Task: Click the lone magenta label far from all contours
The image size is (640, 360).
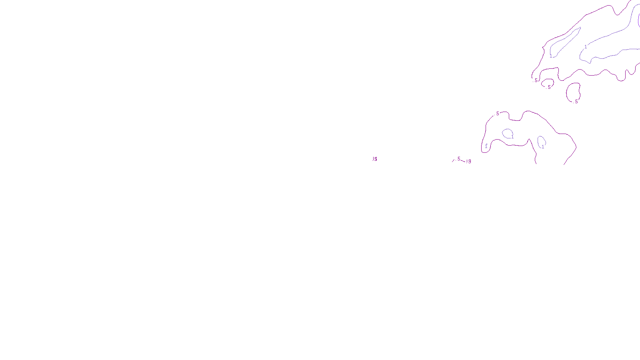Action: [x=375, y=159]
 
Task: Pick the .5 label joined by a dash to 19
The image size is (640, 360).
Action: [x=458, y=159]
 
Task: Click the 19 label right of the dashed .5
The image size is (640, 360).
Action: [x=469, y=161]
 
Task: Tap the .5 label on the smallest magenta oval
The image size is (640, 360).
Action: [x=549, y=87]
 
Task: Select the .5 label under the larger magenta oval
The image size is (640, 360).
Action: [x=576, y=102]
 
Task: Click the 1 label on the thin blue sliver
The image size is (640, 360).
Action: [x=551, y=56]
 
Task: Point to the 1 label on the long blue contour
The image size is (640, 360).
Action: [x=586, y=47]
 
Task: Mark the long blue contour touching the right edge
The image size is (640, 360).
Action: [x=612, y=36]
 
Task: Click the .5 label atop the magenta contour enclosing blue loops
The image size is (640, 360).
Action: [x=497, y=114]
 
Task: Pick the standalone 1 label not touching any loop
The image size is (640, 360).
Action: [x=486, y=146]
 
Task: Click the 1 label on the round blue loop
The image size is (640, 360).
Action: [x=512, y=137]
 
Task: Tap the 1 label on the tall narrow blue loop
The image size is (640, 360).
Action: [x=543, y=147]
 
